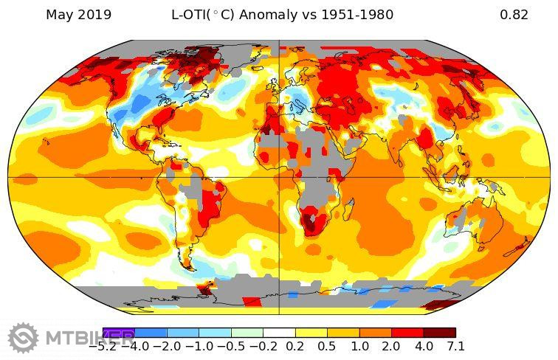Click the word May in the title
pos(58,15)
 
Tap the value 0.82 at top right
pos(514,15)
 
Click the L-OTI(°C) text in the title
pos(203,15)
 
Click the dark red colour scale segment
pos(439,333)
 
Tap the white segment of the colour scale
pos(279,333)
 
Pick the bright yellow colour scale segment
pos(311,333)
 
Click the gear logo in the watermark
pos(23,338)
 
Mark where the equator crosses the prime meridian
pos(279,177)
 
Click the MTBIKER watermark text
pos(81,339)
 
